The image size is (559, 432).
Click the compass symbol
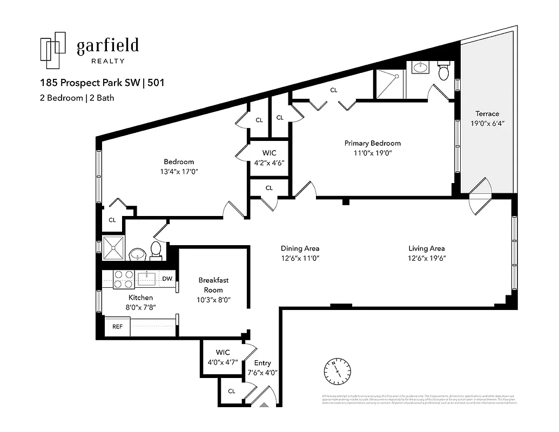point(336,372)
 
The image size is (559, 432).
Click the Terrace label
point(487,113)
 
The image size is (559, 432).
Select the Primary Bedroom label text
point(373,143)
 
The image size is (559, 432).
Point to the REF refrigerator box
point(117,327)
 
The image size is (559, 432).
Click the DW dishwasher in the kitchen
point(167,279)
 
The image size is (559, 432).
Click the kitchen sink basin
point(146,279)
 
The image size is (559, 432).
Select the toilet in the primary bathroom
point(443,71)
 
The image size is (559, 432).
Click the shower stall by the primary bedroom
point(390,85)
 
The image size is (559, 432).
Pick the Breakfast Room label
point(213,285)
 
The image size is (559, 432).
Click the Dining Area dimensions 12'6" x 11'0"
point(300,258)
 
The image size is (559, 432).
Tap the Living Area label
point(426,248)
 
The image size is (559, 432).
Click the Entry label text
point(262,363)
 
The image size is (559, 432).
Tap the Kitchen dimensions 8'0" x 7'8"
point(140,307)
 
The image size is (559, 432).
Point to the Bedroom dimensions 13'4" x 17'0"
point(179,171)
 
